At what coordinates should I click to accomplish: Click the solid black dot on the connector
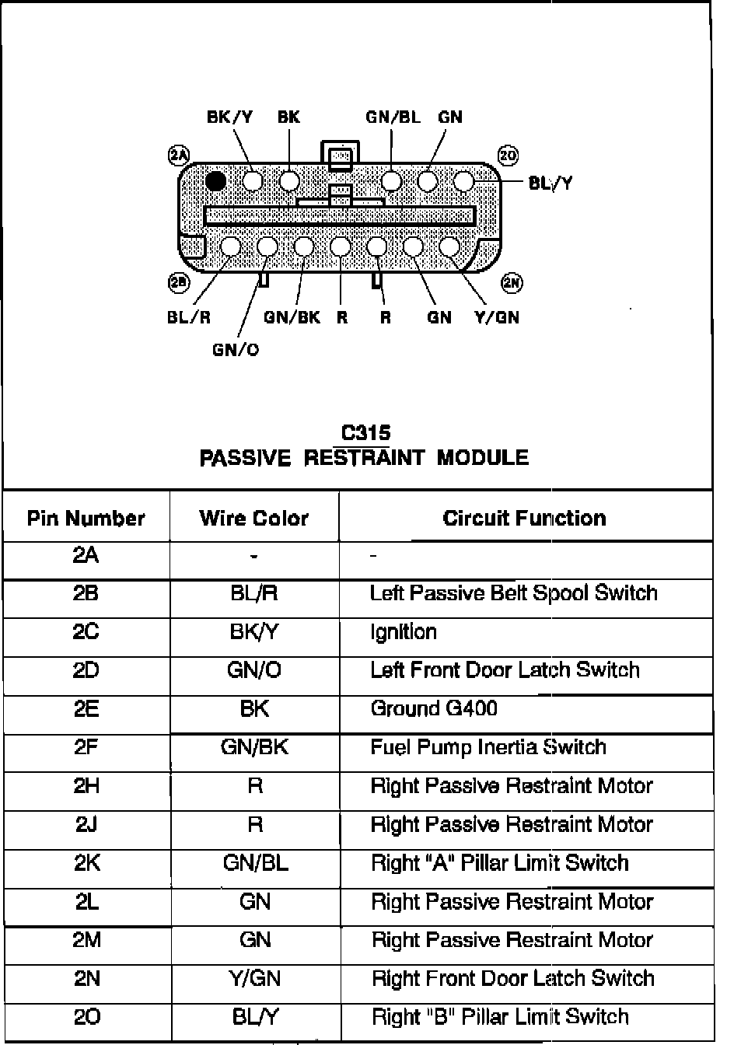click(216, 181)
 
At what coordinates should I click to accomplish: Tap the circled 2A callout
click(179, 156)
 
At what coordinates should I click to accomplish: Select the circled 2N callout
click(512, 283)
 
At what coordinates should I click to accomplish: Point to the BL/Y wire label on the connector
click(550, 183)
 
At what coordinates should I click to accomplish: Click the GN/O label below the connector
click(236, 350)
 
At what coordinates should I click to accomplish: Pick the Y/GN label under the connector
click(496, 317)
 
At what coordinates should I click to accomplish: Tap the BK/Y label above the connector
click(229, 117)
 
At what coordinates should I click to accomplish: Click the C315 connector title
click(365, 433)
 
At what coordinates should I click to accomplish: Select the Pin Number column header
click(86, 518)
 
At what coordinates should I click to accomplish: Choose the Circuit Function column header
click(524, 518)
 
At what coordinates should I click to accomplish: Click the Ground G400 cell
click(434, 708)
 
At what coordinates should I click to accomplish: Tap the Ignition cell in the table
click(404, 631)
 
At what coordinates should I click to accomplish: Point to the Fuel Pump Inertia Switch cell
click(488, 747)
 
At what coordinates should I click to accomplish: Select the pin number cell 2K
click(86, 862)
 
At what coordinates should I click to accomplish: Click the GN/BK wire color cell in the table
click(254, 747)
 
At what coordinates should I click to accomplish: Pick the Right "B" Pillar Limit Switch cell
click(500, 1016)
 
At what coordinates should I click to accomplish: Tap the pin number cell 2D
click(86, 670)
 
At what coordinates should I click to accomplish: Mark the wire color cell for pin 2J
click(254, 824)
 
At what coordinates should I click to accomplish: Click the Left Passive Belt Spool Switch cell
click(513, 593)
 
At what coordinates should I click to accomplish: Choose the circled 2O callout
click(508, 156)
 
